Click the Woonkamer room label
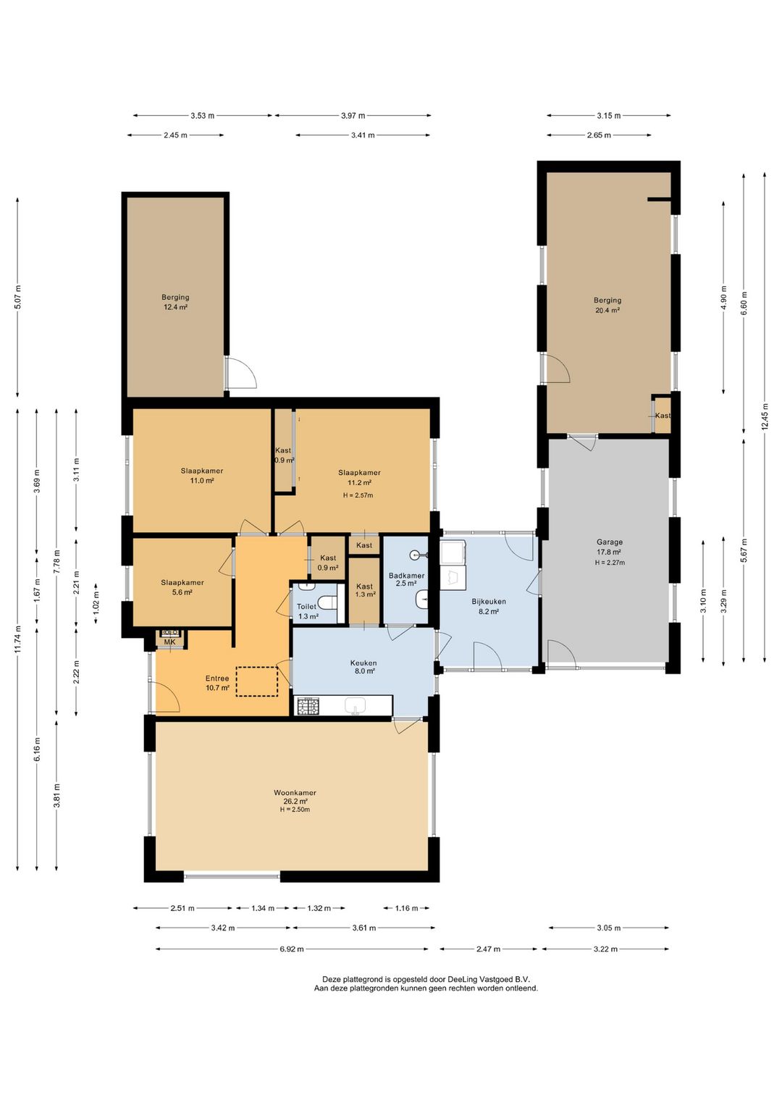pyautogui.click(x=295, y=793)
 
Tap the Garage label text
pyautogui.click(x=610, y=542)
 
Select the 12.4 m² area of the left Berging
pyautogui.click(x=176, y=307)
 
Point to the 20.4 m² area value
pyautogui.click(x=607, y=311)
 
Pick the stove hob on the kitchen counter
pyautogui.click(x=308, y=707)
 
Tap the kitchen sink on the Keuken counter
pyautogui.click(x=355, y=707)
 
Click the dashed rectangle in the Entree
pyautogui.click(x=256, y=681)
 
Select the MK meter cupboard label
pyautogui.click(x=169, y=642)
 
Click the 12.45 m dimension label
pyautogui.click(x=765, y=417)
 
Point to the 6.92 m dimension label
pyautogui.click(x=291, y=949)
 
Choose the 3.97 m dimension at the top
pyautogui.click(x=353, y=116)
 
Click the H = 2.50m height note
pyautogui.click(x=295, y=810)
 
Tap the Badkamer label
pyautogui.click(x=406, y=576)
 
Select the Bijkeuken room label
pyautogui.click(x=489, y=601)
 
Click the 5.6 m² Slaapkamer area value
pyautogui.click(x=182, y=592)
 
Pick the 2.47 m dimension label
pyautogui.click(x=489, y=949)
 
